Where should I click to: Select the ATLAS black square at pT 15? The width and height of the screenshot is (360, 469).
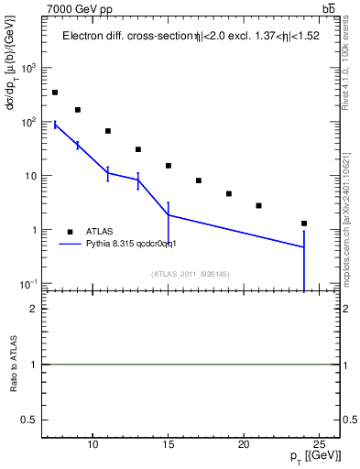tap(169, 166)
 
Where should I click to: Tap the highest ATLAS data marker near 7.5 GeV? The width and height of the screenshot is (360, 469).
tap(55, 93)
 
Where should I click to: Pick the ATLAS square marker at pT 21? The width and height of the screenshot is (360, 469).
tap(259, 205)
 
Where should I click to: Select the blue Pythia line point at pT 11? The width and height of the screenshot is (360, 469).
tap(108, 173)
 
